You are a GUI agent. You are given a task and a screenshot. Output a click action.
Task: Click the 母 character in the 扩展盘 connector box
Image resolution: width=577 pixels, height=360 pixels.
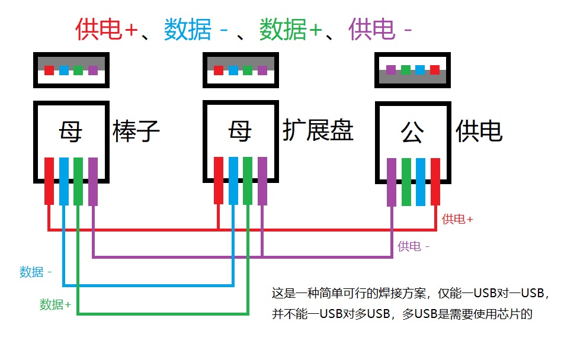coord(240,131)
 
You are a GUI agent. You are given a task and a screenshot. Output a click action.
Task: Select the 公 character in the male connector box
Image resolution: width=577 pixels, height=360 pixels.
coord(412,133)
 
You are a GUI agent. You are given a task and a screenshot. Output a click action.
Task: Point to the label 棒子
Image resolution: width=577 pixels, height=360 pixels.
coord(136,131)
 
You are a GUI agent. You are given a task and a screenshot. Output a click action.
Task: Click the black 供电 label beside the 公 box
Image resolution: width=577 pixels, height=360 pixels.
coord(479,131)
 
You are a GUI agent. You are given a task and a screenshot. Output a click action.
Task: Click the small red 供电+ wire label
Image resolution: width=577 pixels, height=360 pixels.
coord(457,219)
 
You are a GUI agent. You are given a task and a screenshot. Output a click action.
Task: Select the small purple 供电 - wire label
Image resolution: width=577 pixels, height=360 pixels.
coord(413,246)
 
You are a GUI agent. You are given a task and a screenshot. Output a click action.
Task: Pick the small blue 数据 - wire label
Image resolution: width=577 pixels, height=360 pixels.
coord(36,272)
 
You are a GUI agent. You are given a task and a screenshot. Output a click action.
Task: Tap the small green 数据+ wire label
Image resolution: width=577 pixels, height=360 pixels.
coord(55,305)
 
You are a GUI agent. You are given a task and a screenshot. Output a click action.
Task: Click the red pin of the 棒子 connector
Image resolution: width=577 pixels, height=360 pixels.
coord(49,181)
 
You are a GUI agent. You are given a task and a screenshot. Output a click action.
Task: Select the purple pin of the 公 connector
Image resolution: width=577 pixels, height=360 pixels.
coord(391,182)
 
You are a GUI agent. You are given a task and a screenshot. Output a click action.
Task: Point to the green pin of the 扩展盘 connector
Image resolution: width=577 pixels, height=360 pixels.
coord(248,180)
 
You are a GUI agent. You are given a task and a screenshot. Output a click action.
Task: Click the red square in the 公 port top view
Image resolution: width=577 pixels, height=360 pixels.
coord(435,70)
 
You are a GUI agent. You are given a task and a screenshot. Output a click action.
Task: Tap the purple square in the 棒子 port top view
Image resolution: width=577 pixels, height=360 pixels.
coord(92,70)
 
